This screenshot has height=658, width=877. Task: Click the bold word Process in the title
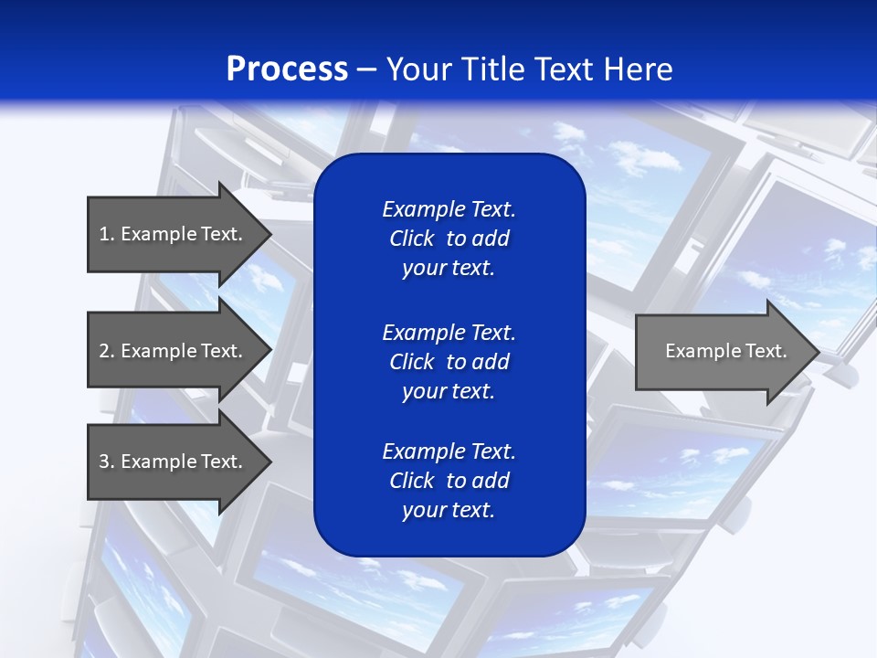[287, 69]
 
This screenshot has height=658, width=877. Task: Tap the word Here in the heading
[639, 69]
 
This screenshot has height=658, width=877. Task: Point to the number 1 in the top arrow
[104, 234]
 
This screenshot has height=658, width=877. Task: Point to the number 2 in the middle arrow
[105, 351]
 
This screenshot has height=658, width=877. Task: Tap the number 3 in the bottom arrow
[105, 462]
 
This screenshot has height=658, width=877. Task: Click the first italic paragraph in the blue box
[449, 239]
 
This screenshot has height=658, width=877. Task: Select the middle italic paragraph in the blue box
[449, 362]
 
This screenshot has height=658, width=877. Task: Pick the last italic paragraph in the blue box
[449, 481]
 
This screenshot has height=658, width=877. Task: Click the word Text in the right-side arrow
[767, 351]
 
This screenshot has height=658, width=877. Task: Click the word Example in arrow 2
[158, 351]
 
